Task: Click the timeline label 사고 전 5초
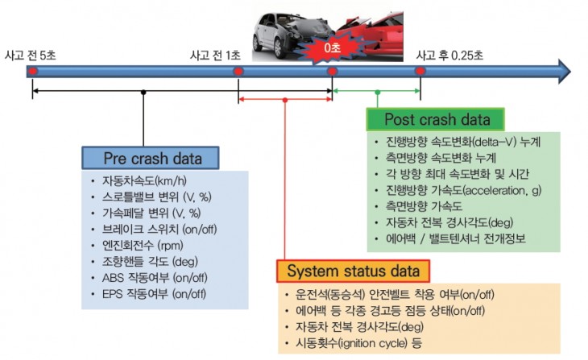(x=34, y=55)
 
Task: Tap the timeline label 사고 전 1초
(x=215, y=55)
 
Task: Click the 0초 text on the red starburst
(x=332, y=49)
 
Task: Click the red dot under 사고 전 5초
(x=32, y=72)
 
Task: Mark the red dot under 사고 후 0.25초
(x=420, y=72)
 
